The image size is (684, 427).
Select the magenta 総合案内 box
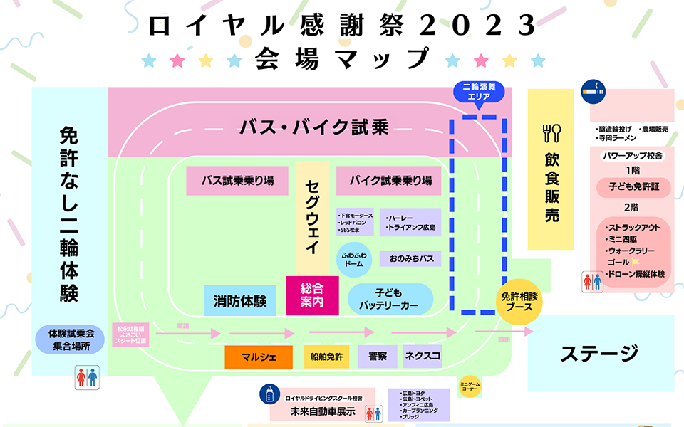click(x=312, y=295)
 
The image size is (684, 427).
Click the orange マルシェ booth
click(x=259, y=357)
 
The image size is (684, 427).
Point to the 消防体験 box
click(x=240, y=300)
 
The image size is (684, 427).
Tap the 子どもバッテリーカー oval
click(x=390, y=299)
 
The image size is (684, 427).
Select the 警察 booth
click(x=378, y=355)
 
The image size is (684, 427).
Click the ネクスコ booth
click(x=423, y=355)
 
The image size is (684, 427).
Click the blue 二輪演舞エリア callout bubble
click(x=479, y=91)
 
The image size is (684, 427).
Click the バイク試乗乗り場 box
click(x=390, y=181)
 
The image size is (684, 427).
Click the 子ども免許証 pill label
click(x=633, y=187)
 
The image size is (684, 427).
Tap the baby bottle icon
click(x=269, y=393)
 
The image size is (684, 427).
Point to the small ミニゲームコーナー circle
click(x=470, y=385)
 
